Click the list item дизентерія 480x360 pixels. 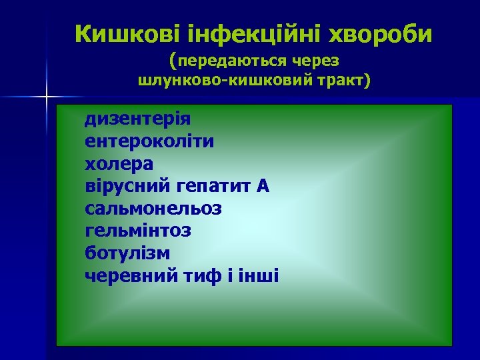138,119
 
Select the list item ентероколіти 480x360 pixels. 150,141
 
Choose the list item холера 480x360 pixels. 119,164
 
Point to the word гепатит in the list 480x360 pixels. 213,187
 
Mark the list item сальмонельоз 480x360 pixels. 154,209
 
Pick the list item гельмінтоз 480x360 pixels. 138,231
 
